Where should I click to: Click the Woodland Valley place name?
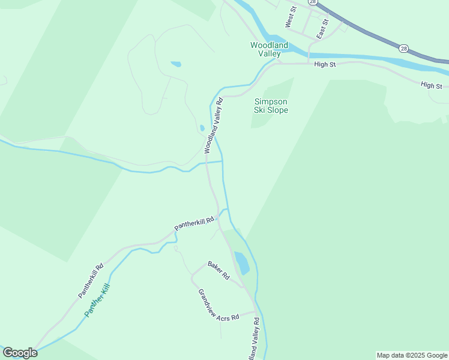270,49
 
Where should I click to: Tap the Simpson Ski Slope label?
271,106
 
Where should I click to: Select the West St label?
291,17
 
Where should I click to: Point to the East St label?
323,29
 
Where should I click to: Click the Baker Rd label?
219,270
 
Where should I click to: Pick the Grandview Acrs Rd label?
218,305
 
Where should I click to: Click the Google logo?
20,353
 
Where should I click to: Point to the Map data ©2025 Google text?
412,355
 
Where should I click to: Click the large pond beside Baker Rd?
241,262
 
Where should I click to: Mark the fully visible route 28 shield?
403,47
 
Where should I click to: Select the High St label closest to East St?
325,64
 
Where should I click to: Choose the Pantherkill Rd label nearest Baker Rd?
194,224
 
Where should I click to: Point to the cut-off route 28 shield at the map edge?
313,2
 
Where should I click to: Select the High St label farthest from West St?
431,86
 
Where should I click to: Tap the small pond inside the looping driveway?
176,64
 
